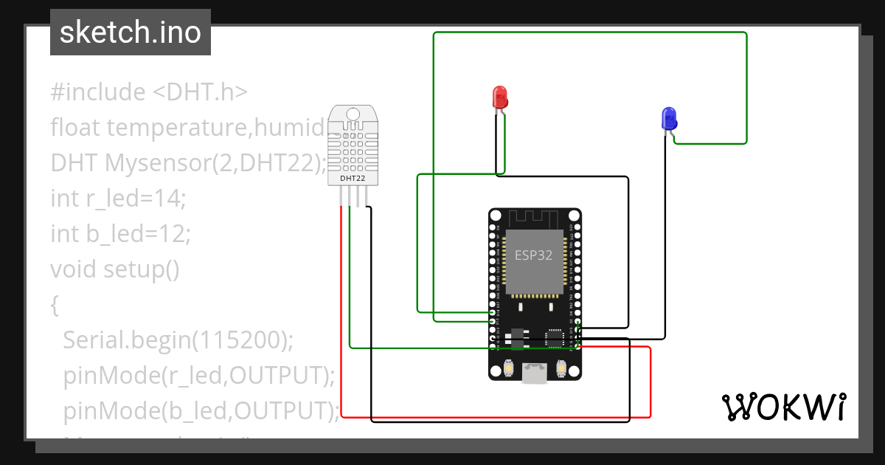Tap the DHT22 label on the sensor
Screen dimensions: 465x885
coord(352,178)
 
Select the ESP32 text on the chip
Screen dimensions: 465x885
coord(533,255)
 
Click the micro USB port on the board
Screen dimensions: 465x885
coord(534,374)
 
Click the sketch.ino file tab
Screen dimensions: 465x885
coord(131,32)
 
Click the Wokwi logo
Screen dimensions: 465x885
coord(783,407)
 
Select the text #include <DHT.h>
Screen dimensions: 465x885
coord(149,92)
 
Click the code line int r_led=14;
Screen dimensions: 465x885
coord(118,199)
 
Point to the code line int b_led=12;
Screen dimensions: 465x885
coord(121,234)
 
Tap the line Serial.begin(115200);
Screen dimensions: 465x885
coord(178,340)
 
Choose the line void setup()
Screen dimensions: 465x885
coord(115,269)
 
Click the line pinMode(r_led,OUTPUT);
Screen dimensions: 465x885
coord(199,376)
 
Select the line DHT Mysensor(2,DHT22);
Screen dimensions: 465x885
coord(188,163)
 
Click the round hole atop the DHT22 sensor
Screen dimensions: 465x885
coord(353,114)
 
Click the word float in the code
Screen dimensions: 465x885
coord(76,128)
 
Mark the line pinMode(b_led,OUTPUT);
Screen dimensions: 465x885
coord(201,410)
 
